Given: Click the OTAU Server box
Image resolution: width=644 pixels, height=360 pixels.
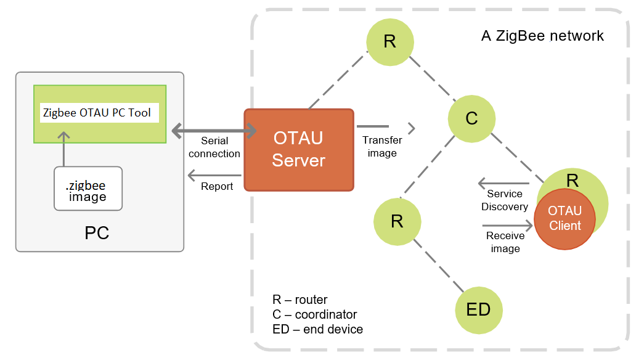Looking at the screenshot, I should (299, 149).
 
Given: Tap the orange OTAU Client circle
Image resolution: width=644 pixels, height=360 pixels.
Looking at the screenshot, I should (565, 218).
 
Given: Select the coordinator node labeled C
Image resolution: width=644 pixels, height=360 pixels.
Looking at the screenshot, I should (471, 118).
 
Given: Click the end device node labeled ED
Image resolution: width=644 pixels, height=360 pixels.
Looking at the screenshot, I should (478, 309).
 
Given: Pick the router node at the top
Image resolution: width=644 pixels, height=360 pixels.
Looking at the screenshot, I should (389, 41).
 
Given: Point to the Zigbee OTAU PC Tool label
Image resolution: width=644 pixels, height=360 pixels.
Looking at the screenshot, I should (97, 113).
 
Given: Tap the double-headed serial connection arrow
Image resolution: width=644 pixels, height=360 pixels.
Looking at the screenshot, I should (214, 131).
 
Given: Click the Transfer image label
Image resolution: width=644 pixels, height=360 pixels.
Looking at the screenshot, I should (382, 147).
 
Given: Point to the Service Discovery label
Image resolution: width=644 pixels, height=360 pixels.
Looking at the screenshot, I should (505, 200).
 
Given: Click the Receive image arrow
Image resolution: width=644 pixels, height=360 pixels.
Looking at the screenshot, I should (507, 226).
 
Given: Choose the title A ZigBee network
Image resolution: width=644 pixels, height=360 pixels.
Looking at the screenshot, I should (542, 36).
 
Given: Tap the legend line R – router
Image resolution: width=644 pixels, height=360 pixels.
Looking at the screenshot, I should (300, 300).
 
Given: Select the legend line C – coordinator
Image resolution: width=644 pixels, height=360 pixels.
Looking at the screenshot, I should (314, 314).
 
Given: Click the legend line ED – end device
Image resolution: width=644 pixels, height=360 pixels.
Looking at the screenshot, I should (317, 329).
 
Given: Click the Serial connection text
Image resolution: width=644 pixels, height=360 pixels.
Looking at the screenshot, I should (214, 147).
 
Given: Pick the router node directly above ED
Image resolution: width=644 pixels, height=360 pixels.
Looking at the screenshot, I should (397, 221).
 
